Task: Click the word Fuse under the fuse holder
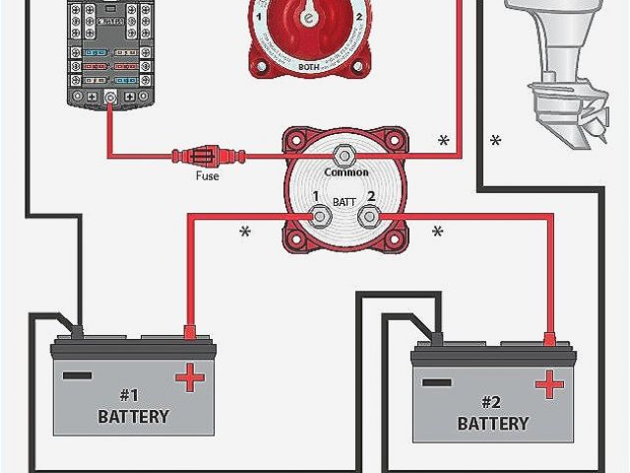[207, 176]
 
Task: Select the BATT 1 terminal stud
[320, 215]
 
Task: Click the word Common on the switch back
[346, 172]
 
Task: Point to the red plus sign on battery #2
[547, 382]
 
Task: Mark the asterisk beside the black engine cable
[495, 142]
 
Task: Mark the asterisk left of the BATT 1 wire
[245, 234]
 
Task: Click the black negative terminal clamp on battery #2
[434, 338]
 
